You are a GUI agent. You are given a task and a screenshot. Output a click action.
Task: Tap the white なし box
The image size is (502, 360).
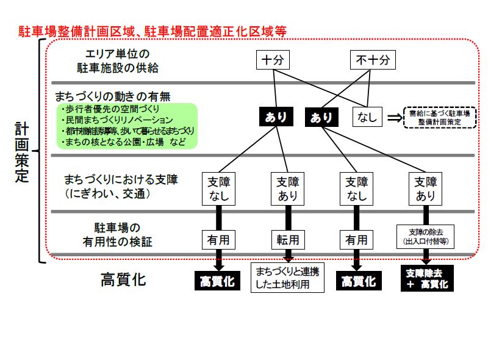tap(367, 116)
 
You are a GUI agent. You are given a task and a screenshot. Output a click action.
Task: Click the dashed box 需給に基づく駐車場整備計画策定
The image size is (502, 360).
tap(440, 117)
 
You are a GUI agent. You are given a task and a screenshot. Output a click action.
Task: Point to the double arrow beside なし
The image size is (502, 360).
tap(394, 117)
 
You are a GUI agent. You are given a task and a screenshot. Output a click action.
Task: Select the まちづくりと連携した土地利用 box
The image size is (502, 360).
tap(287, 277)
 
